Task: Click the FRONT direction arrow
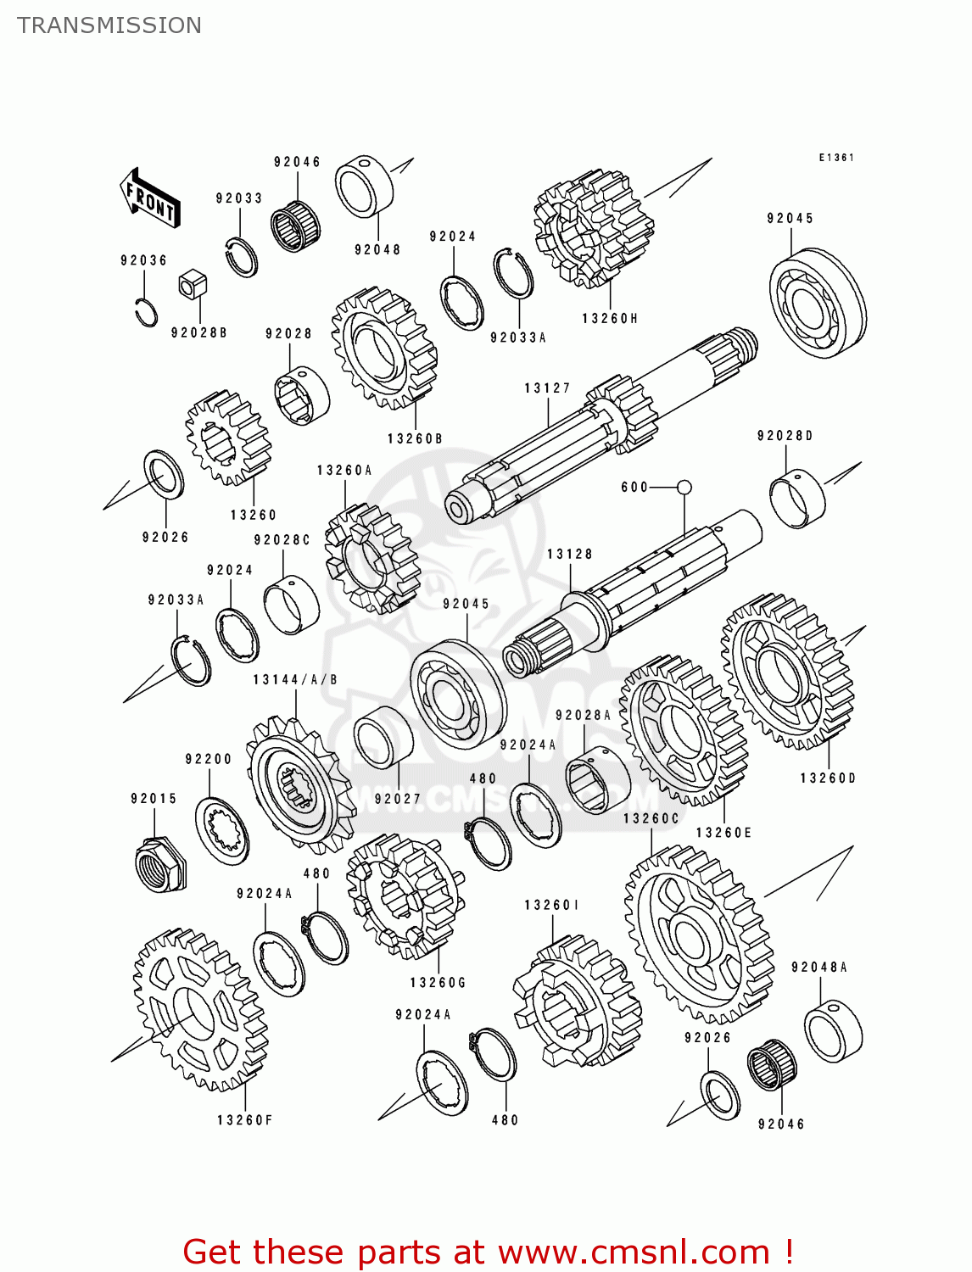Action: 151,198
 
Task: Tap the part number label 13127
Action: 547,388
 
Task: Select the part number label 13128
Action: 569,554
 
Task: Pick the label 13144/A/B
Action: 295,679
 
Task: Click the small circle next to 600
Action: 684,487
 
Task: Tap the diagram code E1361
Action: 836,158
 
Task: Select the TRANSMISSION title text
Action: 109,25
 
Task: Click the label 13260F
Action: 245,1120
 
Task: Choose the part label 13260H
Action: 610,319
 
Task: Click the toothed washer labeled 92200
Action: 222,831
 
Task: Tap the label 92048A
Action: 819,967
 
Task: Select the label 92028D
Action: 785,436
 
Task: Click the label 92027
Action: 398,798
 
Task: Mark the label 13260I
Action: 552,906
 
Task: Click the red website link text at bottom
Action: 488,1252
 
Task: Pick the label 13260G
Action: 438,982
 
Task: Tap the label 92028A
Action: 584,715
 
